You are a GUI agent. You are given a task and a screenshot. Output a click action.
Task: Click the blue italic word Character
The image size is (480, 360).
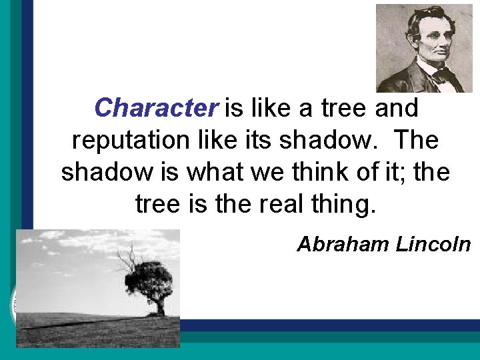(156, 107)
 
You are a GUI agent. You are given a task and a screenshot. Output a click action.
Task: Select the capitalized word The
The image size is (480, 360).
(416, 140)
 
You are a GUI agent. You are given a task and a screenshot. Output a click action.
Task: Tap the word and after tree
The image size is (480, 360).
(397, 107)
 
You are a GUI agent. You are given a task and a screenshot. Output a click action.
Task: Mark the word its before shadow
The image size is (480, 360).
(255, 140)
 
